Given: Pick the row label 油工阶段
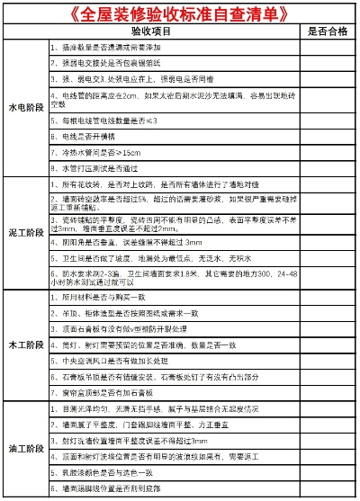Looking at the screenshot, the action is [x=25, y=448].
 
